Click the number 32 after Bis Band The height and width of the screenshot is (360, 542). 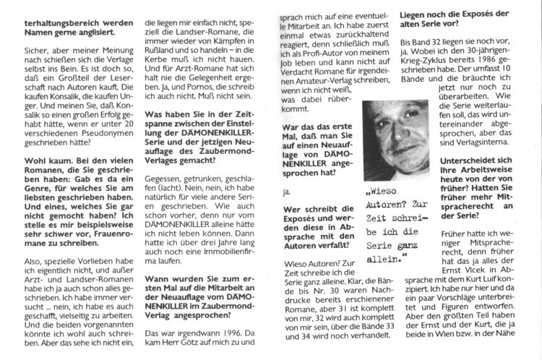click(440, 40)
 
